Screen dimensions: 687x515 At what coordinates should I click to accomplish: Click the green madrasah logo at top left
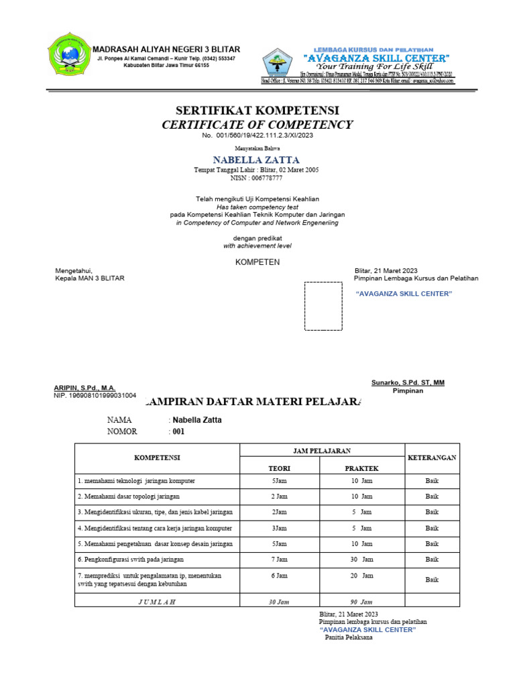point(68,56)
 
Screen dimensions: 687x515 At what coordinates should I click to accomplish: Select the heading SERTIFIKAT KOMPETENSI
point(257,110)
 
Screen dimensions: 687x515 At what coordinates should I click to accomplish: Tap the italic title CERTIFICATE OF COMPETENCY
point(257,125)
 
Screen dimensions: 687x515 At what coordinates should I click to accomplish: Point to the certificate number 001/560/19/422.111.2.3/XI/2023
point(257,136)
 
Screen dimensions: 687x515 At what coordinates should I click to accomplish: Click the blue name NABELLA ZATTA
point(257,160)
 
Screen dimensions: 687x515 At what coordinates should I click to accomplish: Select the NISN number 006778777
point(257,178)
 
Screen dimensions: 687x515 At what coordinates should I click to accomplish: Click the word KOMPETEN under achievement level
point(257,262)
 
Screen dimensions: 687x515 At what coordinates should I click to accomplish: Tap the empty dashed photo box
point(323,306)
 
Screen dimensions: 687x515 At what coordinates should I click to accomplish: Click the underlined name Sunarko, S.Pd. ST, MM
point(408,382)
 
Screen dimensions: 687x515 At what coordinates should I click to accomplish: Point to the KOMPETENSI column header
point(157,458)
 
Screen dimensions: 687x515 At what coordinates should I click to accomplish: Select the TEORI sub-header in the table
point(279,468)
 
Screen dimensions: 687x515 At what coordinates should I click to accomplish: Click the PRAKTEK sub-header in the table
point(362,468)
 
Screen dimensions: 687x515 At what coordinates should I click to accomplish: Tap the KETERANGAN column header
point(432,458)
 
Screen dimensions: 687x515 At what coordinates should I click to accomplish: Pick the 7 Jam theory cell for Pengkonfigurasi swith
point(279,559)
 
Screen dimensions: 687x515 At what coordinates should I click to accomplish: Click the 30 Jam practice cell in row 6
point(362,559)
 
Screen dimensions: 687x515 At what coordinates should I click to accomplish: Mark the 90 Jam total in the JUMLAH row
point(362,602)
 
